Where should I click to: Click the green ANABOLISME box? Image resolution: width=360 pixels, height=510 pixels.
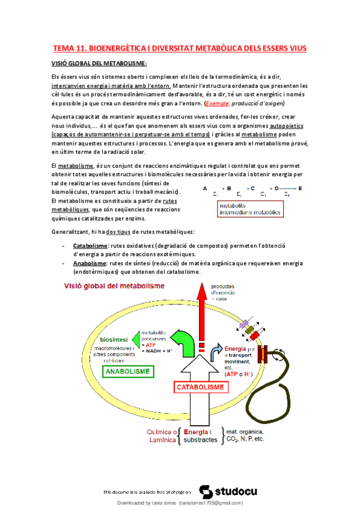coord(127,372)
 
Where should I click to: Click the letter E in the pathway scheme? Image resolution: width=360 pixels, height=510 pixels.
coord(301,188)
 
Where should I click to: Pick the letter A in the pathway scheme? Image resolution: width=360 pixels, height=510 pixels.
coord(206,188)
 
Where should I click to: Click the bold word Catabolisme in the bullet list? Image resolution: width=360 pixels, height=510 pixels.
coord(91,246)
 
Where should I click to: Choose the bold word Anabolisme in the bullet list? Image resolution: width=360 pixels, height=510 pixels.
coord(90,263)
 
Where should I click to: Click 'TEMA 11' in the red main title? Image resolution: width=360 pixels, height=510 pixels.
coord(71,48)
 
